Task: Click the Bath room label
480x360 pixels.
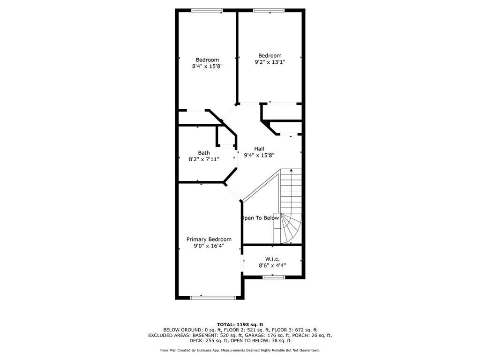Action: pyautogui.click(x=204, y=153)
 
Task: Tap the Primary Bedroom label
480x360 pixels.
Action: pyautogui.click(x=209, y=239)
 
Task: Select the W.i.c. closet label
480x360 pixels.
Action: pyautogui.click(x=272, y=259)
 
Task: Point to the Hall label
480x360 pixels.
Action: pyautogui.click(x=259, y=149)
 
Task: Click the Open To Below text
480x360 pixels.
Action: pyautogui.click(x=260, y=218)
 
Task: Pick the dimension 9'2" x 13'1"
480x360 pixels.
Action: pyautogui.click(x=270, y=62)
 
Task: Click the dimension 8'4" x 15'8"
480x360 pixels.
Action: pyautogui.click(x=207, y=67)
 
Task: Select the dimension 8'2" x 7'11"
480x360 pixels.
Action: pyautogui.click(x=204, y=159)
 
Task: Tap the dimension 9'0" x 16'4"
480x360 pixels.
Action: pyautogui.click(x=209, y=246)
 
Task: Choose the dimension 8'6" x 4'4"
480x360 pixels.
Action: pyautogui.click(x=272, y=265)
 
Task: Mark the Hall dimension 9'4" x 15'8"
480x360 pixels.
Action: pyautogui.click(x=259, y=156)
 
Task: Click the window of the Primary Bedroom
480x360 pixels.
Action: pyautogui.click(x=213, y=297)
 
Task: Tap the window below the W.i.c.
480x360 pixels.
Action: pyautogui.click(x=274, y=277)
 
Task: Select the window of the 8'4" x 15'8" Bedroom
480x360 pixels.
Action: pyautogui.click(x=207, y=10)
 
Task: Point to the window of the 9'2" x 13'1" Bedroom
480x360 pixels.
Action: pyautogui.click(x=269, y=10)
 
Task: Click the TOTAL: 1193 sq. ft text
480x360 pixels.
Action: pyautogui.click(x=240, y=324)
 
